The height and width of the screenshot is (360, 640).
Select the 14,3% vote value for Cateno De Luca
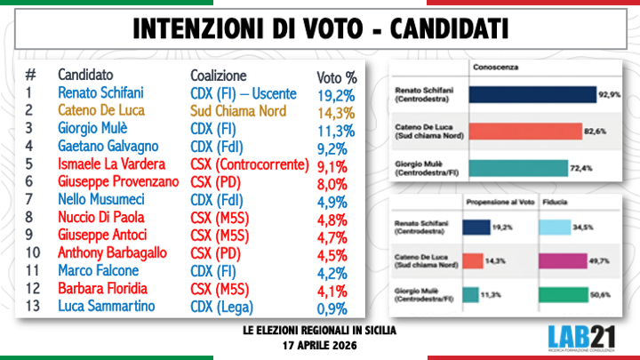(x=337, y=113)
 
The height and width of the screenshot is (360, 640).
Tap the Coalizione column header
(x=218, y=75)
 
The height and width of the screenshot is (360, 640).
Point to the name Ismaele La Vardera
(x=110, y=164)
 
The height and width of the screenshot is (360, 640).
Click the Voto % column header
(x=337, y=76)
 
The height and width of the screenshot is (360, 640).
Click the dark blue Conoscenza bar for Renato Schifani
(x=533, y=94)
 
